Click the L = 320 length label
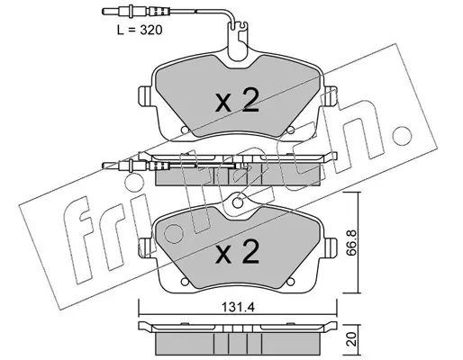(x=140, y=30)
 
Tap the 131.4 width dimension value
(x=238, y=308)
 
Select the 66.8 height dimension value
(x=351, y=243)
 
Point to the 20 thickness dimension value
(x=351, y=339)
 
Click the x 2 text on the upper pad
(x=237, y=100)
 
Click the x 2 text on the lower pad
(x=237, y=251)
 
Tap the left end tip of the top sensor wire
(x=104, y=12)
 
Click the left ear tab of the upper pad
(x=145, y=96)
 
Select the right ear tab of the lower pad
(x=331, y=247)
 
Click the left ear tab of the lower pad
(x=145, y=247)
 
